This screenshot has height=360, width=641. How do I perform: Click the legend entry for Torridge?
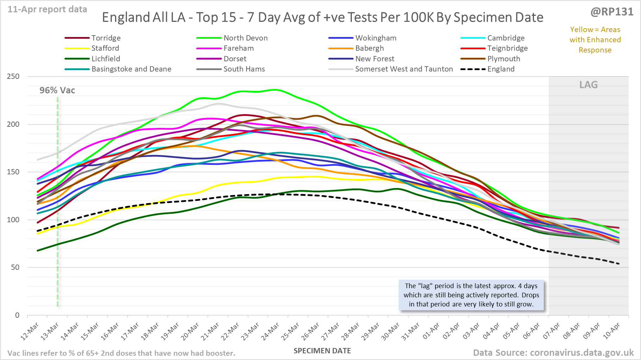[x=106, y=38]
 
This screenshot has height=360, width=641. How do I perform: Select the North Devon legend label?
[x=245, y=38]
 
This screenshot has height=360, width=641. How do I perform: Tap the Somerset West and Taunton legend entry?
[x=404, y=69]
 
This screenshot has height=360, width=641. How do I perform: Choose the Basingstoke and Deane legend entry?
[x=131, y=69]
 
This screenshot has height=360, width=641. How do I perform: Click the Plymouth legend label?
[x=503, y=59]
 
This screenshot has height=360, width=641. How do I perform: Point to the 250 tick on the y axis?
[x=13, y=76]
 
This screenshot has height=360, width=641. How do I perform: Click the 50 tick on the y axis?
[x=15, y=267]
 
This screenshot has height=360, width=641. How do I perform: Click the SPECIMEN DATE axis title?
[x=322, y=351]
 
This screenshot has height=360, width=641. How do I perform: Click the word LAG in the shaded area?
[x=589, y=85]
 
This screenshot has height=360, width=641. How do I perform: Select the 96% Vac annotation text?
[x=57, y=91]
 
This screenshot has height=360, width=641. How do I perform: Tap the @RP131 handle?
[x=612, y=12]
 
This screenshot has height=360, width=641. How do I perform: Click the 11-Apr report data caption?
[x=48, y=10]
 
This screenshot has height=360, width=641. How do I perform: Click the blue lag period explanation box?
[x=471, y=295]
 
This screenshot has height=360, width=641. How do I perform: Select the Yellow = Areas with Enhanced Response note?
[x=595, y=40]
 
